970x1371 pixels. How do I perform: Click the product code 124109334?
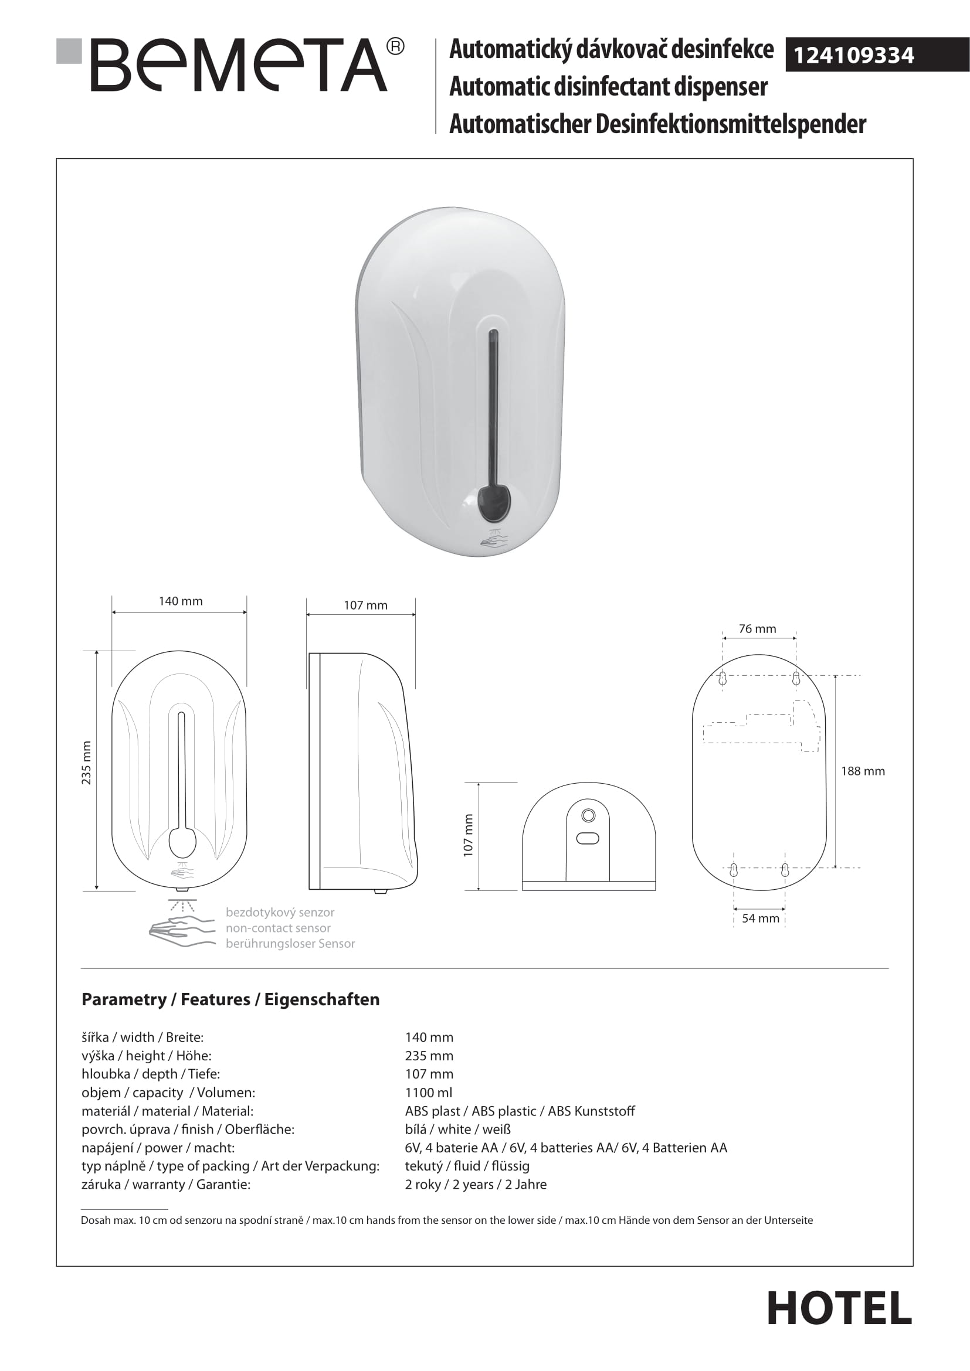pyautogui.click(x=853, y=56)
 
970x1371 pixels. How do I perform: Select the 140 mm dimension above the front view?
pyautogui.click(x=181, y=601)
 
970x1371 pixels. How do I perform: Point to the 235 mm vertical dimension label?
pyautogui.click(x=87, y=763)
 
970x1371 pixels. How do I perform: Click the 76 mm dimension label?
pyautogui.click(x=757, y=629)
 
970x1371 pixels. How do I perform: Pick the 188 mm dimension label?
pyautogui.click(x=863, y=771)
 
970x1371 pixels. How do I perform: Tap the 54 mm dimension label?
pyautogui.click(x=761, y=918)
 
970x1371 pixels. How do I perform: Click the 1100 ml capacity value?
pyautogui.click(x=428, y=1093)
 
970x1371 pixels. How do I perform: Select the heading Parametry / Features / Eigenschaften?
pyautogui.click(x=230, y=999)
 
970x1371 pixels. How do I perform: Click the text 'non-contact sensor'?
pyautogui.click(x=278, y=928)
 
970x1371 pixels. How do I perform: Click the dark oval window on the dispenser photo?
pyautogui.click(x=494, y=502)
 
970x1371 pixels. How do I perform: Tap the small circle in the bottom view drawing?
pyautogui.click(x=588, y=816)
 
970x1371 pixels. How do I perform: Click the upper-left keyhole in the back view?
pyautogui.click(x=722, y=679)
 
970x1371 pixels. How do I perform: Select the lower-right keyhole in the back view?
pyautogui.click(x=785, y=870)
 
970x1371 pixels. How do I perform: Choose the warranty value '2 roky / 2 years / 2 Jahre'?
pyautogui.click(x=476, y=1185)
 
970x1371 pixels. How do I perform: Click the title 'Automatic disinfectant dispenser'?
pyautogui.click(x=608, y=87)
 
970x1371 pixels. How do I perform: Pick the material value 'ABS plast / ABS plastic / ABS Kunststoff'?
pyautogui.click(x=520, y=1111)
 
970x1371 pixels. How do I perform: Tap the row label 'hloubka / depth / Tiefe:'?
pyautogui.click(x=151, y=1074)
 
